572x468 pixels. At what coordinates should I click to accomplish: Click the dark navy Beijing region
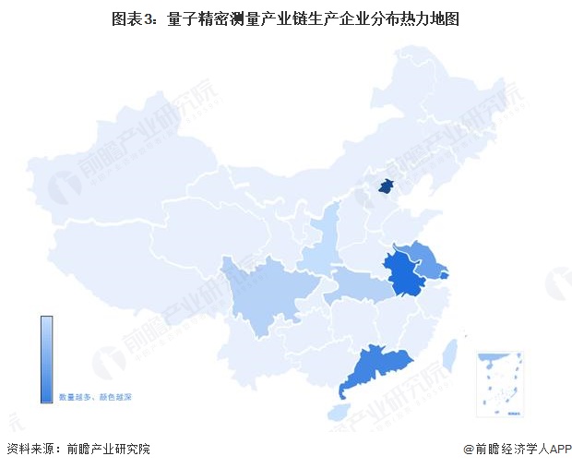point(386,187)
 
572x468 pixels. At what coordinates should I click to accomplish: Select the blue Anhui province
point(403,274)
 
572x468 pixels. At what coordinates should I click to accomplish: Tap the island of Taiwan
point(451,355)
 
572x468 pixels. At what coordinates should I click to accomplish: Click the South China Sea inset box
point(499,383)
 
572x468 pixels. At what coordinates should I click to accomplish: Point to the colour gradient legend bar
point(46,359)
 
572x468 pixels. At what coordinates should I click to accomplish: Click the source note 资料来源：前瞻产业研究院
point(78,450)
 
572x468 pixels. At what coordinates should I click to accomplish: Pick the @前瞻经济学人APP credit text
point(517,450)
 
